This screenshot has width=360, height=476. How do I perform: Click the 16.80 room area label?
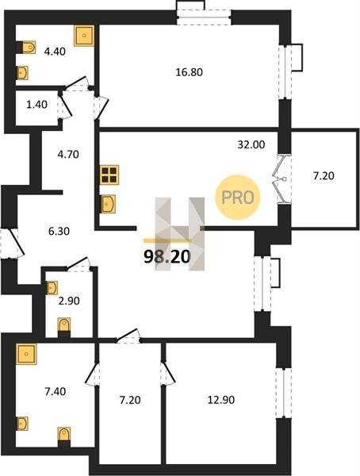click(x=189, y=72)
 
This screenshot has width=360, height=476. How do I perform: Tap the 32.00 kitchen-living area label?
click(x=251, y=145)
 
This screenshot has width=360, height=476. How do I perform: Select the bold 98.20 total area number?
click(x=167, y=257)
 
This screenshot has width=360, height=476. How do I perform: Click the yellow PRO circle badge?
click(x=238, y=198)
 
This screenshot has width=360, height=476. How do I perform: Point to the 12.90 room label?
click(x=221, y=400)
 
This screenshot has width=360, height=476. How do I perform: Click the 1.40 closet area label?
click(x=36, y=105)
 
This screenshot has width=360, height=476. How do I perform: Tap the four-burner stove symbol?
click(x=109, y=175)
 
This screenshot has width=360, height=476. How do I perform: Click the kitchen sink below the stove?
click(x=108, y=204)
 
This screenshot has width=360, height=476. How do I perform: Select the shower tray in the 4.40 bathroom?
click(x=84, y=36)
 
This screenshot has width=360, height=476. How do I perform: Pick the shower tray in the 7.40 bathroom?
click(x=27, y=354)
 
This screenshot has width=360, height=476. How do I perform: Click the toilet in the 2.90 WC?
click(x=64, y=326)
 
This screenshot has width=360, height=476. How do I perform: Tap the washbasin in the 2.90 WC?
click(x=52, y=288)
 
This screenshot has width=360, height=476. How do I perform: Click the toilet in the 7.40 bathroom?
click(x=64, y=436)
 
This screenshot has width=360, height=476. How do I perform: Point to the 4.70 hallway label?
click(x=68, y=155)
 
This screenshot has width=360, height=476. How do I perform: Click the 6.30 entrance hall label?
click(x=59, y=232)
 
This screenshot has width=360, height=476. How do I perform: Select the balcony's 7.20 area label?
click(x=324, y=176)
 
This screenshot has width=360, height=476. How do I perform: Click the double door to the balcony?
click(x=281, y=179)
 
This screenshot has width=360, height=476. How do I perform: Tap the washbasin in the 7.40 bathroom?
click(x=22, y=424)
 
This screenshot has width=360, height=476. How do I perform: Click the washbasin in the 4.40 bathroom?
click(x=22, y=73)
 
